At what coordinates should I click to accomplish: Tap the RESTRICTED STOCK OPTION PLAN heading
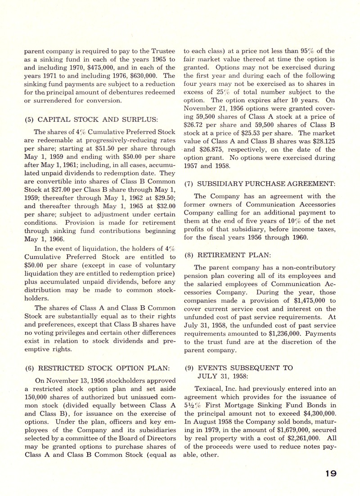[98, 367]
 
